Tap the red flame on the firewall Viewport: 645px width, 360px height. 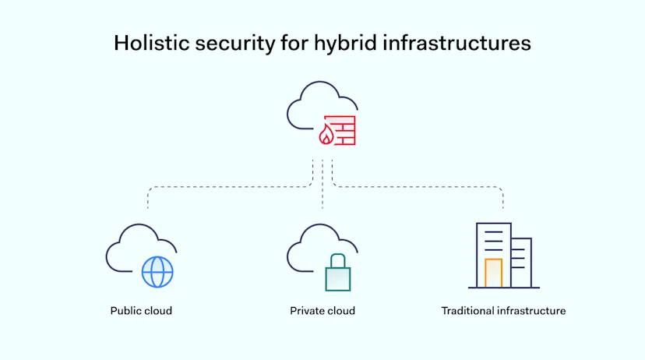(x=326, y=137)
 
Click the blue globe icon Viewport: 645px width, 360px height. (x=157, y=272)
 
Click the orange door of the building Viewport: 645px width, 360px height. (x=493, y=272)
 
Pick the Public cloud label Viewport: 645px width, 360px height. (x=141, y=311)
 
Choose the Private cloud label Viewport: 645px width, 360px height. (x=322, y=311)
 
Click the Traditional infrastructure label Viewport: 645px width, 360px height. (x=503, y=311)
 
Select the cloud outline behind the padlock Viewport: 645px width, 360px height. (x=308, y=248)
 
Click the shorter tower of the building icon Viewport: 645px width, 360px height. (x=521, y=261)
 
